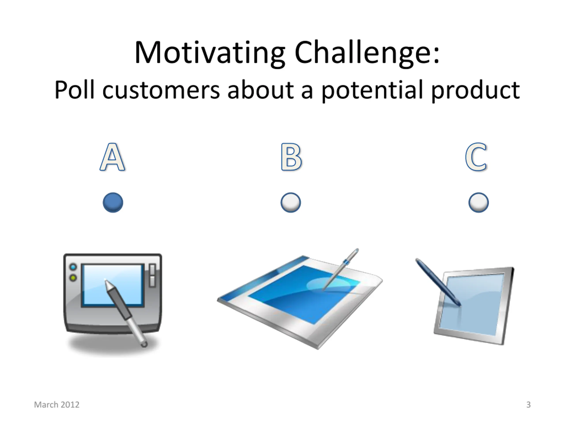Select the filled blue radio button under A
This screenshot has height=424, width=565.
(x=113, y=203)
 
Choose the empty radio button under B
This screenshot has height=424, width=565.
(x=291, y=203)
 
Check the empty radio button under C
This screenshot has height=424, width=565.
(x=479, y=203)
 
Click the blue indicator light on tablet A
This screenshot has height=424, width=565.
(x=73, y=267)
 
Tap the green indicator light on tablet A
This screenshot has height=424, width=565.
(x=73, y=278)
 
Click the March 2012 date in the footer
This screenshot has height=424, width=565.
(x=57, y=405)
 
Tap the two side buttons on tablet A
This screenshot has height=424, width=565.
(x=153, y=276)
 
